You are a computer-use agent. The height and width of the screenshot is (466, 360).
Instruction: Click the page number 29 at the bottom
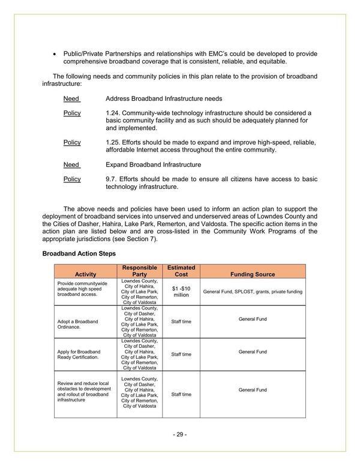click(x=180, y=434)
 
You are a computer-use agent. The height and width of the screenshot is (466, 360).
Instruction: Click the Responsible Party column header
click(x=139, y=270)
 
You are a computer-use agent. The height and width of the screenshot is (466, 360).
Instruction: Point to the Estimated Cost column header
click(x=181, y=270)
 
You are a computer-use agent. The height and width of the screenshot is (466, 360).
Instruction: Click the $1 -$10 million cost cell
click(x=181, y=291)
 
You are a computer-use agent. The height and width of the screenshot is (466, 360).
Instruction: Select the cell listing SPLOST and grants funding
click(x=252, y=291)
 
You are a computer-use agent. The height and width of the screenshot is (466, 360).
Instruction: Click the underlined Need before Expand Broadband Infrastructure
click(x=71, y=164)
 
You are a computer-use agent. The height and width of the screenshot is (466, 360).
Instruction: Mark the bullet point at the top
click(x=55, y=54)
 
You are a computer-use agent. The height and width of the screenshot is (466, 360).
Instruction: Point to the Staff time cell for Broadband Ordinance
click(x=181, y=322)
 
